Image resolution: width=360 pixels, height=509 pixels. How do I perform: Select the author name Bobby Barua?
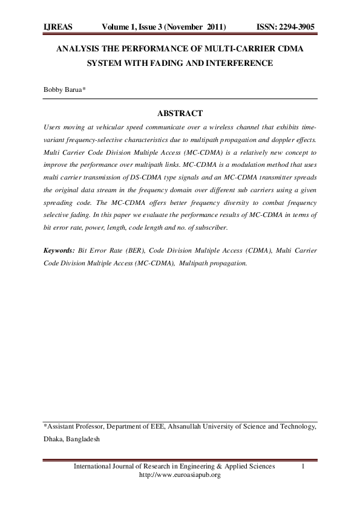(x=64, y=89)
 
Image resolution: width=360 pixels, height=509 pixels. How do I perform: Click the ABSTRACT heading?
(x=180, y=113)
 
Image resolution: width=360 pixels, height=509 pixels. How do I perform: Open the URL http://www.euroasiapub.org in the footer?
(x=180, y=475)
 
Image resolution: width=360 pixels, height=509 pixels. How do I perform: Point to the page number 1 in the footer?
(x=302, y=467)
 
